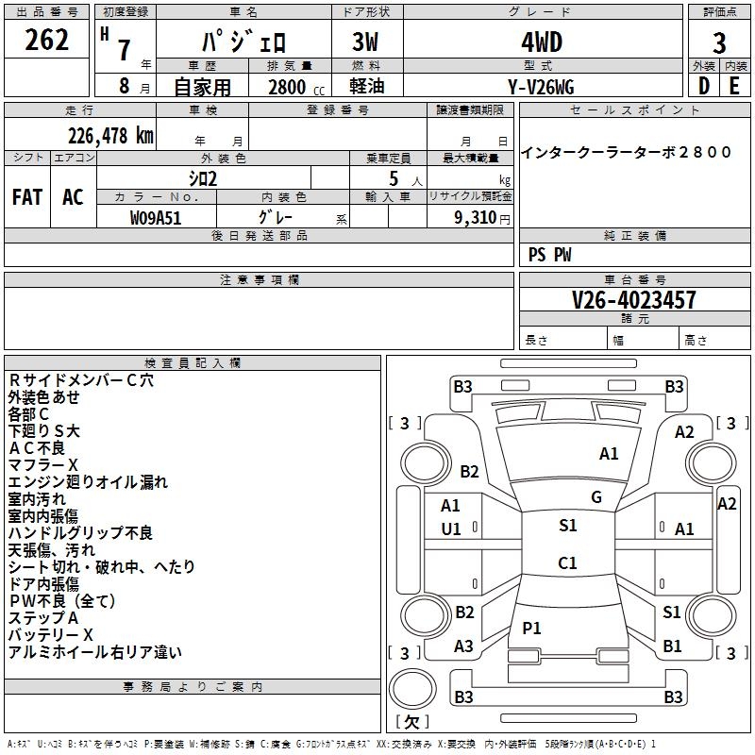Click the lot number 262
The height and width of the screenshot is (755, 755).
coord(47,41)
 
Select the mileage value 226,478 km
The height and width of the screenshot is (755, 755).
coord(109,136)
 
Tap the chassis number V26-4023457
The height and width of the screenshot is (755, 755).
coord(634,300)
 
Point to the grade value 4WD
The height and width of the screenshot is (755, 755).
coord(542,42)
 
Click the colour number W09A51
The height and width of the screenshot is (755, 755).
coord(157,217)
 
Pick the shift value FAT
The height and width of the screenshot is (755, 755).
coord(27,197)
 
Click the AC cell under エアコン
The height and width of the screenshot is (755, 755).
coord(73,197)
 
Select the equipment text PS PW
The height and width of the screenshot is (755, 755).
coord(549,255)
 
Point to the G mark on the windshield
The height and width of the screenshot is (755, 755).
coord(596,497)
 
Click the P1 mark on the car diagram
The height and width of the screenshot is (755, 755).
coord(532,628)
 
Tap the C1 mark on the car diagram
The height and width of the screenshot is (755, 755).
coord(567,563)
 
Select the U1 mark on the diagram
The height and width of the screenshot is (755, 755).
coord(451,529)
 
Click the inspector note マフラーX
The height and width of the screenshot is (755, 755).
coord(43,465)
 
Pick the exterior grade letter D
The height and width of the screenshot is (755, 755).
coord(704,86)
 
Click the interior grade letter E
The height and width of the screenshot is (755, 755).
coord(735,86)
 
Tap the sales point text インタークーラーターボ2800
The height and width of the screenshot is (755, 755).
coord(627,153)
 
